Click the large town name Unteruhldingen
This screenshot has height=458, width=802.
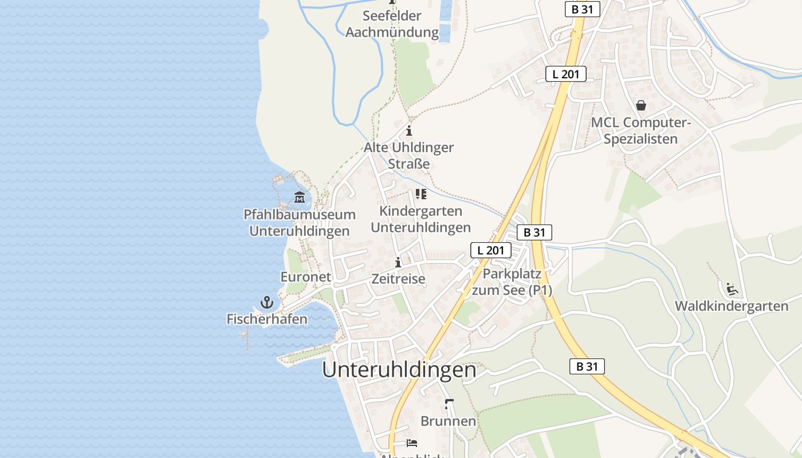click(399, 370)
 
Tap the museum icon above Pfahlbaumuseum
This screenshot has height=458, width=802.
click(300, 198)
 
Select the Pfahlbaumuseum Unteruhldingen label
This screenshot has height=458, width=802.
click(300, 223)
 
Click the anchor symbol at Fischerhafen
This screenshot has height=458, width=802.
click(267, 302)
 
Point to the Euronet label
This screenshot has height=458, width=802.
click(305, 277)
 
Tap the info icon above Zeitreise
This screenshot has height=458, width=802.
click(398, 262)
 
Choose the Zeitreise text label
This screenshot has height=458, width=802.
click(398, 279)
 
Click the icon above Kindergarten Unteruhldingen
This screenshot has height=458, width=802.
click(421, 194)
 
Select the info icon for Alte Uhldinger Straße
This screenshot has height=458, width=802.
click(409, 131)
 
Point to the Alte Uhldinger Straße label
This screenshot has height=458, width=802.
click(409, 155)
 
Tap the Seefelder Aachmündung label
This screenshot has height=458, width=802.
click(392, 24)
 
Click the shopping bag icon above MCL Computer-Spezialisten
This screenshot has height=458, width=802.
click(641, 105)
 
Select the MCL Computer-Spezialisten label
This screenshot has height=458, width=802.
click(641, 131)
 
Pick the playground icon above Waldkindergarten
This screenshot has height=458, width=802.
click(732, 289)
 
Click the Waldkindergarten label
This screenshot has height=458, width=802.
click(732, 306)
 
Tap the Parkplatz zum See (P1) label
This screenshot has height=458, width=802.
click(512, 282)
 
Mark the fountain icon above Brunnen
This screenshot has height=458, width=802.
click(449, 404)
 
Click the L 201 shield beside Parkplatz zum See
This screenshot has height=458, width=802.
click(491, 250)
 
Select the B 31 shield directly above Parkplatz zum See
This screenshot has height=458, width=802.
click(534, 232)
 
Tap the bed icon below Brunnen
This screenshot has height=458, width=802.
click(412, 443)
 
